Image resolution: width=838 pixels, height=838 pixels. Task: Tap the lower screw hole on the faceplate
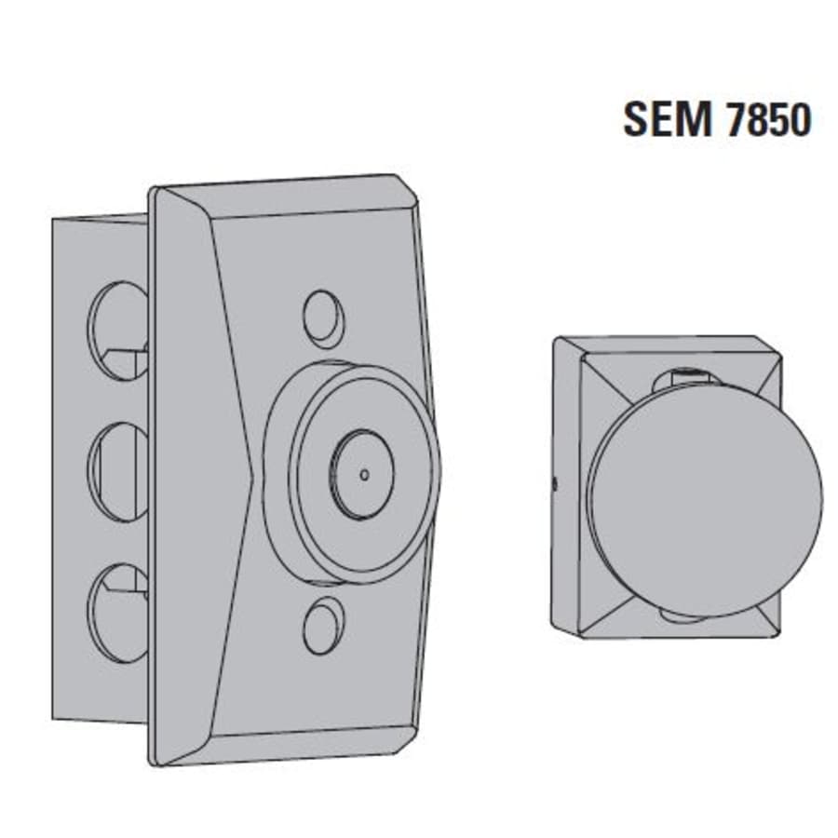pyautogui.click(x=323, y=625)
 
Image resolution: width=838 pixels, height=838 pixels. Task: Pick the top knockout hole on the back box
pyautogui.click(x=118, y=330)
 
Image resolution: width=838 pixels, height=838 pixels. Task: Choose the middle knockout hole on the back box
pyautogui.click(x=118, y=470)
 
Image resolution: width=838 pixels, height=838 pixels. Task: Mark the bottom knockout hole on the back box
pyautogui.click(x=118, y=611)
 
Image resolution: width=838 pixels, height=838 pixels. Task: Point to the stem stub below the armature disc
pyautogui.click(x=684, y=616)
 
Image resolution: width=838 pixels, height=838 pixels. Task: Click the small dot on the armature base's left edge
pyautogui.click(x=555, y=483)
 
